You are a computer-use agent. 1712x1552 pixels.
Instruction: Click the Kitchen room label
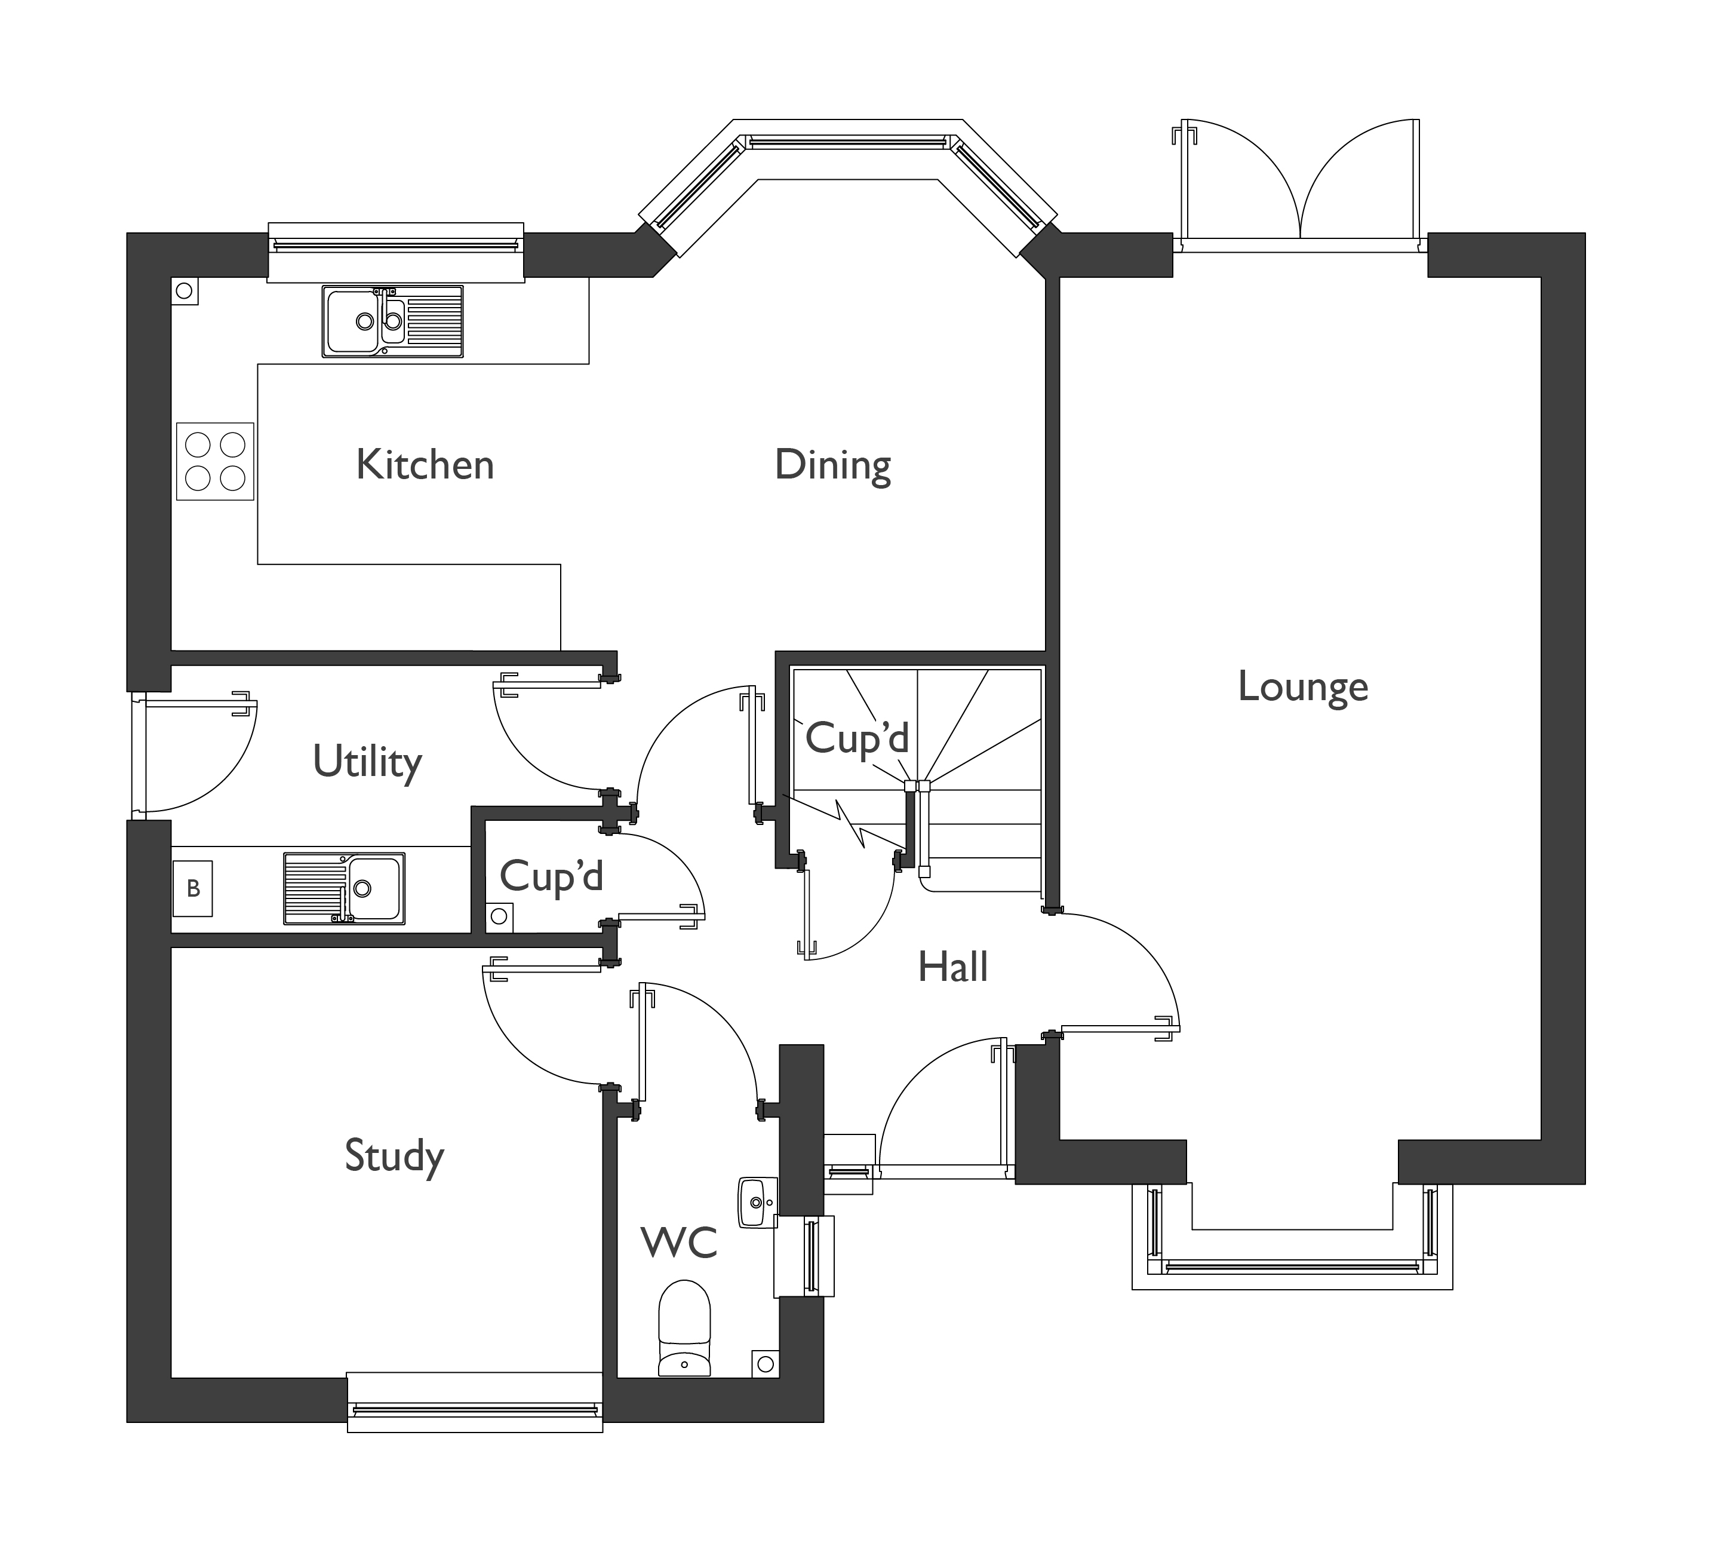tap(425, 465)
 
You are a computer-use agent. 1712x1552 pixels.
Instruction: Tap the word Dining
tap(832, 465)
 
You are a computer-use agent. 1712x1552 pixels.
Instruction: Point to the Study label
tap(394, 1156)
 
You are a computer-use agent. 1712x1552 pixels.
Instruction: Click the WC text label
tap(680, 1243)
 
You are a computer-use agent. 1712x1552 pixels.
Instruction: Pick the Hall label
tap(953, 967)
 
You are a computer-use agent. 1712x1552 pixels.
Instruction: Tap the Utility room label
tap(367, 761)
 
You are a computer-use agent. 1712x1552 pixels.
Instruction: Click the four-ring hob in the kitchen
tap(215, 461)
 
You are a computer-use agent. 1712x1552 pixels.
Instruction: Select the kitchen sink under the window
tap(392, 321)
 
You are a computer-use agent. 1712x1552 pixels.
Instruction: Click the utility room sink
tap(344, 888)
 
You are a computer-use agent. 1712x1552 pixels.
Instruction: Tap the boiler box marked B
tap(193, 888)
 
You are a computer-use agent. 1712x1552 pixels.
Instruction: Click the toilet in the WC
tap(684, 1328)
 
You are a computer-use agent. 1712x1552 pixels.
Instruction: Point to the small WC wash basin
tap(757, 1202)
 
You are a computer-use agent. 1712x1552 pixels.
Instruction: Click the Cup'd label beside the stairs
tap(856, 737)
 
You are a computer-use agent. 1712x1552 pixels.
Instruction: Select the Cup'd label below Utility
tap(551, 875)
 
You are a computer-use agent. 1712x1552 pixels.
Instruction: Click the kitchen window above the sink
tap(396, 245)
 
